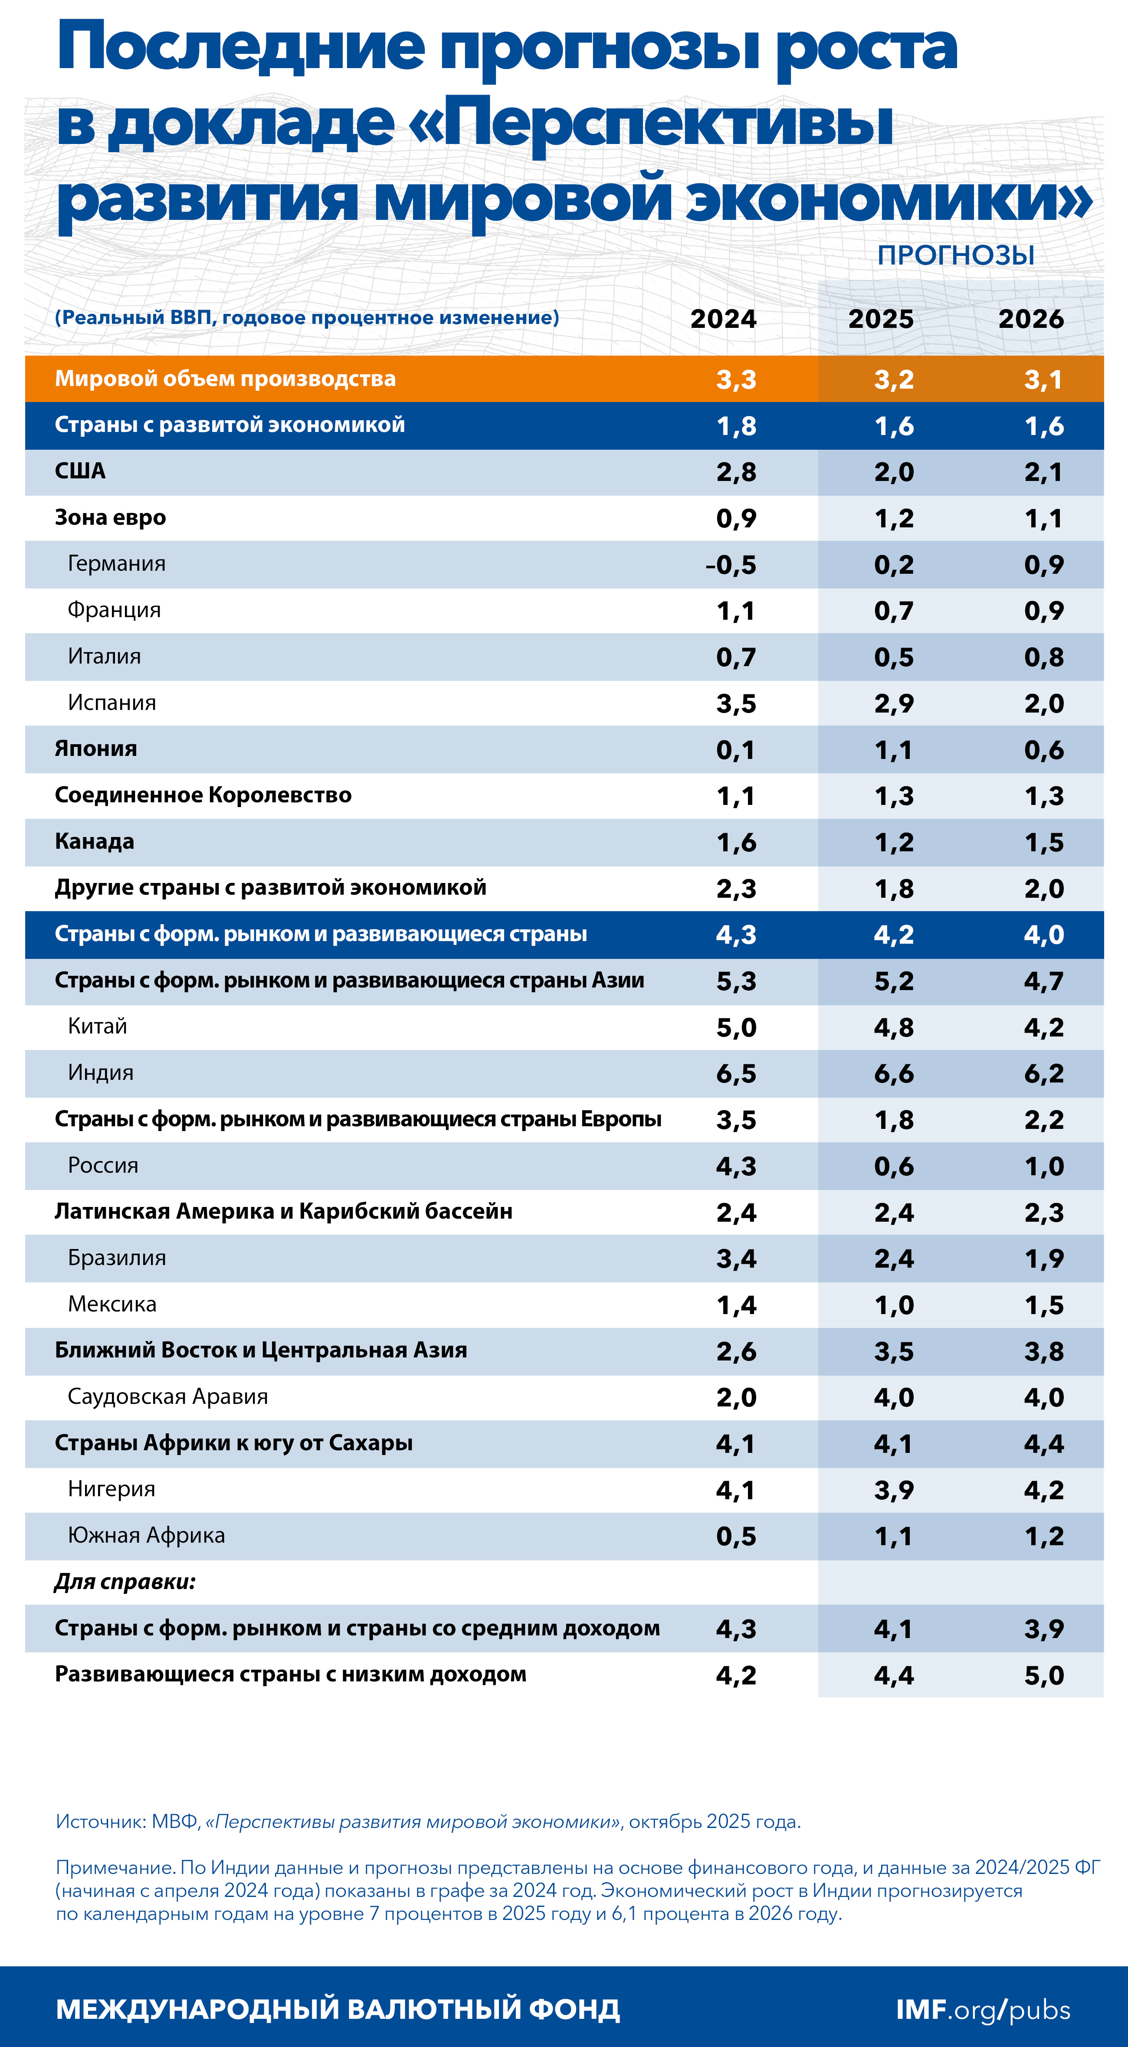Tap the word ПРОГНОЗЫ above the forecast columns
[955, 255]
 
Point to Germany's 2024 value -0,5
[731, 565]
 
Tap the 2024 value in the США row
[736, 472]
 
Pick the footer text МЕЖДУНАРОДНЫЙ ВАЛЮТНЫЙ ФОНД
[338, 2010]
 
